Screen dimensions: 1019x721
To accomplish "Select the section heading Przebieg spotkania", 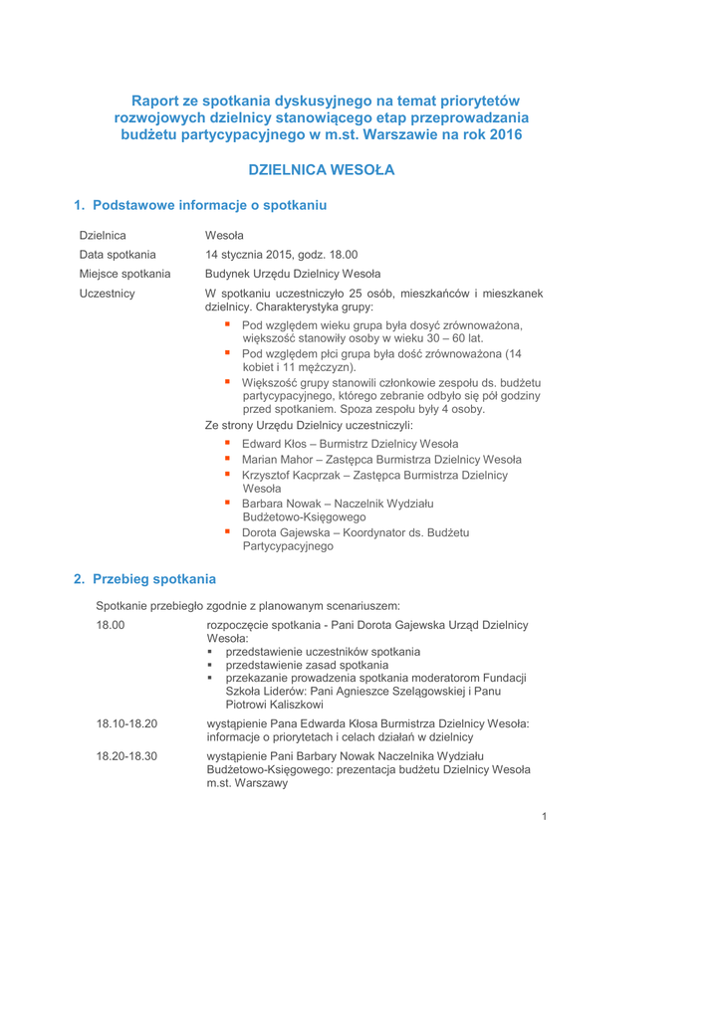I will [144, 578].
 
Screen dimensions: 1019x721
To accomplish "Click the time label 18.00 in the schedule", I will [112, 625].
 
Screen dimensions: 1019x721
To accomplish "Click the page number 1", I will [545, 817].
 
